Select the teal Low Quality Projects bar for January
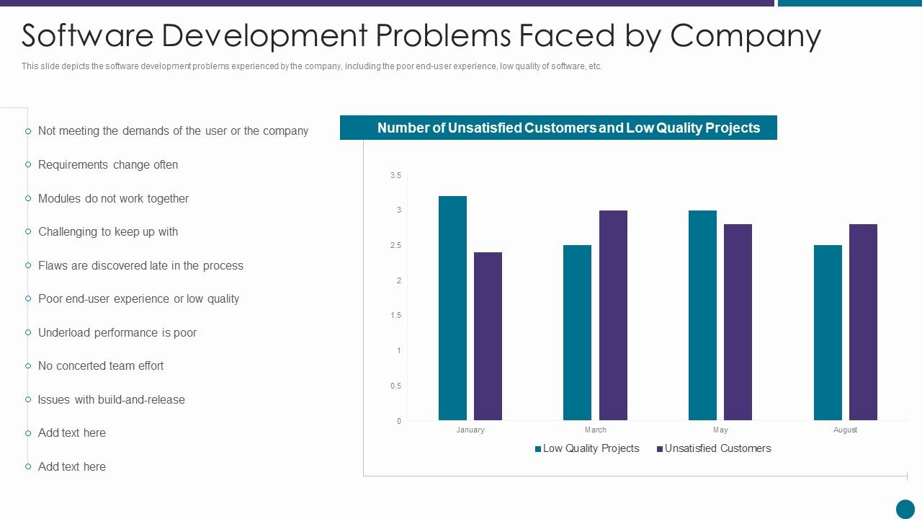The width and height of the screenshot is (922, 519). tap(452, 308)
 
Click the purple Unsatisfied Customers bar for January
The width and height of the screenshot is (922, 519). tap(488, 336)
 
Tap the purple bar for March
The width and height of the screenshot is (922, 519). tap(613, 315)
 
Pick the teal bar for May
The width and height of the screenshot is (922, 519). tap(702, 315)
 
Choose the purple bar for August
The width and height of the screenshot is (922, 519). tap(863, 322)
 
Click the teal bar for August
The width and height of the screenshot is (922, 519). tap(828, 332)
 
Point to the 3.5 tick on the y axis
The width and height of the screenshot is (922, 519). tap(395, 175)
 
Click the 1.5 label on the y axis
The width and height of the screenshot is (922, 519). tap(395, 316)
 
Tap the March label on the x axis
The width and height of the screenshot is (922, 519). tap(595, 430)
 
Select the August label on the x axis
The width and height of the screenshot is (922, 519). tap(845, 430)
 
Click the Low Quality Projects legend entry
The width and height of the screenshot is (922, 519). tap(587, 448)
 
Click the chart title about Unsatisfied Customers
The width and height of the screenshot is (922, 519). tap(568, 128)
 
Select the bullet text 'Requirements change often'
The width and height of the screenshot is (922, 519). tap(108, 164)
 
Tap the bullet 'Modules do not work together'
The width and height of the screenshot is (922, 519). tap(113, 198)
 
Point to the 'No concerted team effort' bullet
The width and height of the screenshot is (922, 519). tap(101, 365)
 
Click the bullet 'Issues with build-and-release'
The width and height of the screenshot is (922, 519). tap(112, 399)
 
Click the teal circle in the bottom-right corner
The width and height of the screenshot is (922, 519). tap(905, 509)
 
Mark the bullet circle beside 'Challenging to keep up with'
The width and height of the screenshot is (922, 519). tap(28, 231)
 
